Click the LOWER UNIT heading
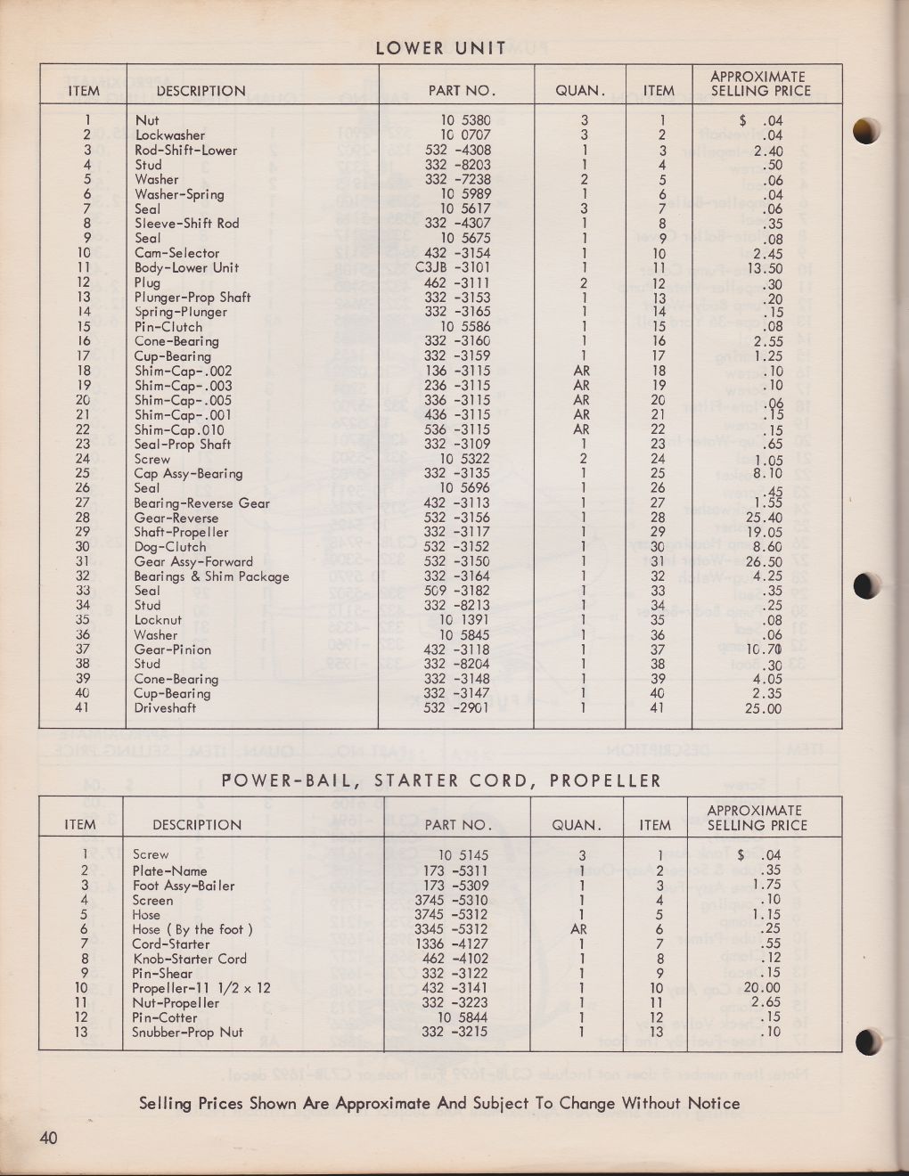(441, 48)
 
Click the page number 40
(48, 1138)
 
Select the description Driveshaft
(165, 708)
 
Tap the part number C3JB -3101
(458, 267)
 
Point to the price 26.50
(762, 561)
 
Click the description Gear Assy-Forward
(193, 561)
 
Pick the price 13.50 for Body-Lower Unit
(763, 267)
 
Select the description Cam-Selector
(176, 253)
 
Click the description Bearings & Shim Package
(211, 576)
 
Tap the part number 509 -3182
(458, 591)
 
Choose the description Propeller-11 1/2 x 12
(201, 988)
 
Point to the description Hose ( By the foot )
(192, 929)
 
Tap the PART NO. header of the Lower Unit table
(461, 90)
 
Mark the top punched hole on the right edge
(867, 131)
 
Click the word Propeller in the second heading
(605, 781)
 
